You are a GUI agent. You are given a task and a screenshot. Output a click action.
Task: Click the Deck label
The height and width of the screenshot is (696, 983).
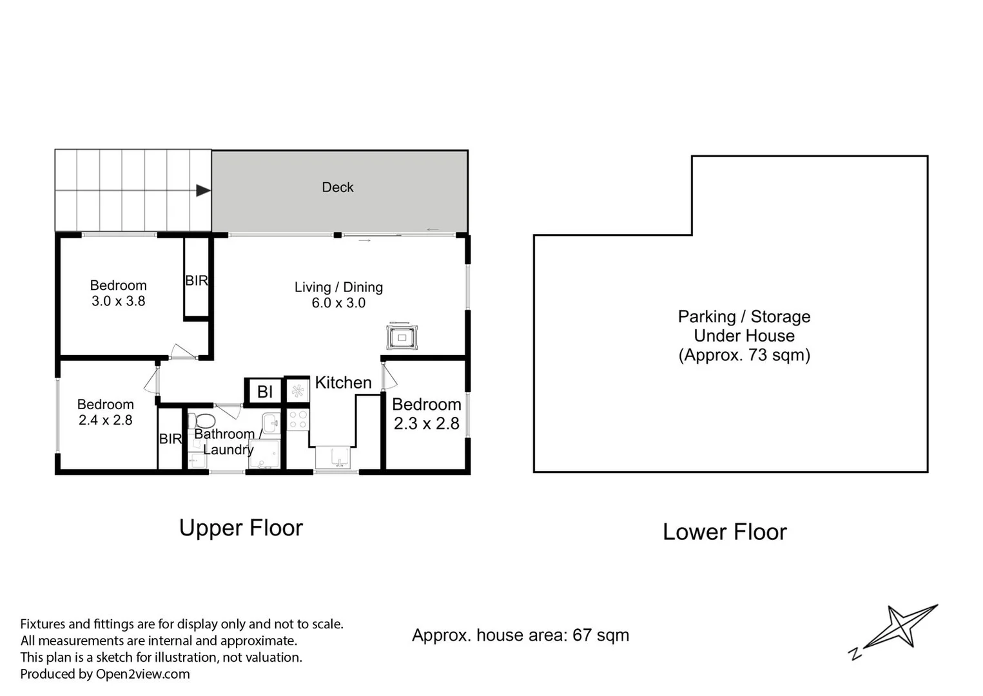click(338, 188)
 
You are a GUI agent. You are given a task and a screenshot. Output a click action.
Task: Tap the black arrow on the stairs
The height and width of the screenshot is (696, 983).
click(203, 190)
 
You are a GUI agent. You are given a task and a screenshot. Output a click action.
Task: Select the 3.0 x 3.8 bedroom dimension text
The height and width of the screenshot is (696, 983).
click(118, 302)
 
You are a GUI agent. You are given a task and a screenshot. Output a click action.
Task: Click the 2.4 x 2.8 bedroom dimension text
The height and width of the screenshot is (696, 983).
click(105, 421)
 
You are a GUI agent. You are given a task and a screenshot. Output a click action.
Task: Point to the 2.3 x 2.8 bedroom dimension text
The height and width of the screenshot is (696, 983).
click(426, 424)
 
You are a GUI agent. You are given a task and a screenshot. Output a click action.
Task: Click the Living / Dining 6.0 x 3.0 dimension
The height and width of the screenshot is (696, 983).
click(338, 304)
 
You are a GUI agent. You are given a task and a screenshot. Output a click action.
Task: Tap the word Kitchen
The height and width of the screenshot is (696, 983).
click(343, 383)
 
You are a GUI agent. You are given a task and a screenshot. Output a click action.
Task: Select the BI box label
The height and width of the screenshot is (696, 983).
click(264, 392)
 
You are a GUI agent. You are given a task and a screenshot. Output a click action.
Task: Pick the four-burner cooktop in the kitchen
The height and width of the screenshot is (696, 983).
click(297, 420)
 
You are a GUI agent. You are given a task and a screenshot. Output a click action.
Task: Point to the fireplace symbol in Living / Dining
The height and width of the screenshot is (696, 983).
click(402, 337)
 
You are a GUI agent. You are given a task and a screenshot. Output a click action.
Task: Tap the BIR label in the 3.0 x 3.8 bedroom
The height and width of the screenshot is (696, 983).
click(197, 281)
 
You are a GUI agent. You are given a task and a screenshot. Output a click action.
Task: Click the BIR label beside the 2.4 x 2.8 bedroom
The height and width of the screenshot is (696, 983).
click(170, 439)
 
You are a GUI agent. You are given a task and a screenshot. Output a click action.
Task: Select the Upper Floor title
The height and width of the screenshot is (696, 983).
click(240, 528)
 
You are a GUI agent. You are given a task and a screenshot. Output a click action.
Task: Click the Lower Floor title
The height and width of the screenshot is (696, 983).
click(725, 532)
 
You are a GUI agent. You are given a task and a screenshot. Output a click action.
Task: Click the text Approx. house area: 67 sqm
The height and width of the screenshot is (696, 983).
click(520, 635)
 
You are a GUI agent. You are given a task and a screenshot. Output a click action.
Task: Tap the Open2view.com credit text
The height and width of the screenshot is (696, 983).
click(142, 674)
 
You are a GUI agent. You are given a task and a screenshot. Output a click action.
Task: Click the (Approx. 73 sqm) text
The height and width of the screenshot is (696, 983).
click(744, 355)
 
